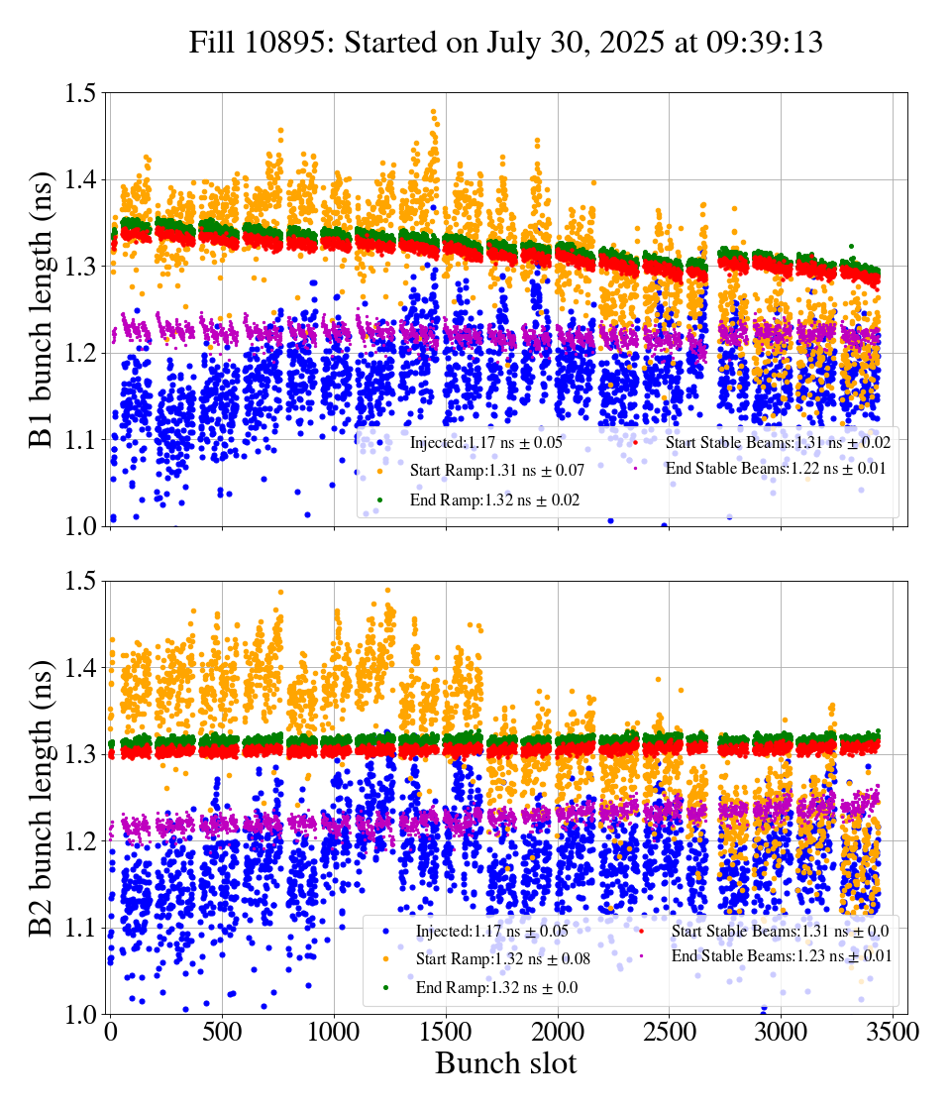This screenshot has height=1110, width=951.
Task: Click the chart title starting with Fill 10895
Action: [x=506, y=43]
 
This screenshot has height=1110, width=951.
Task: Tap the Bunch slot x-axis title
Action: [x=505, y=1063]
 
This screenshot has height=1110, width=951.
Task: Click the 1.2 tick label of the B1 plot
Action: [x=81, y=353]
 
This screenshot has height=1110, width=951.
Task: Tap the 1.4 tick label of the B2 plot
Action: [x=81, y=668]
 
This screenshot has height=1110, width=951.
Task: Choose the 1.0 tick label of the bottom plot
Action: [x=81, y=1014]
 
